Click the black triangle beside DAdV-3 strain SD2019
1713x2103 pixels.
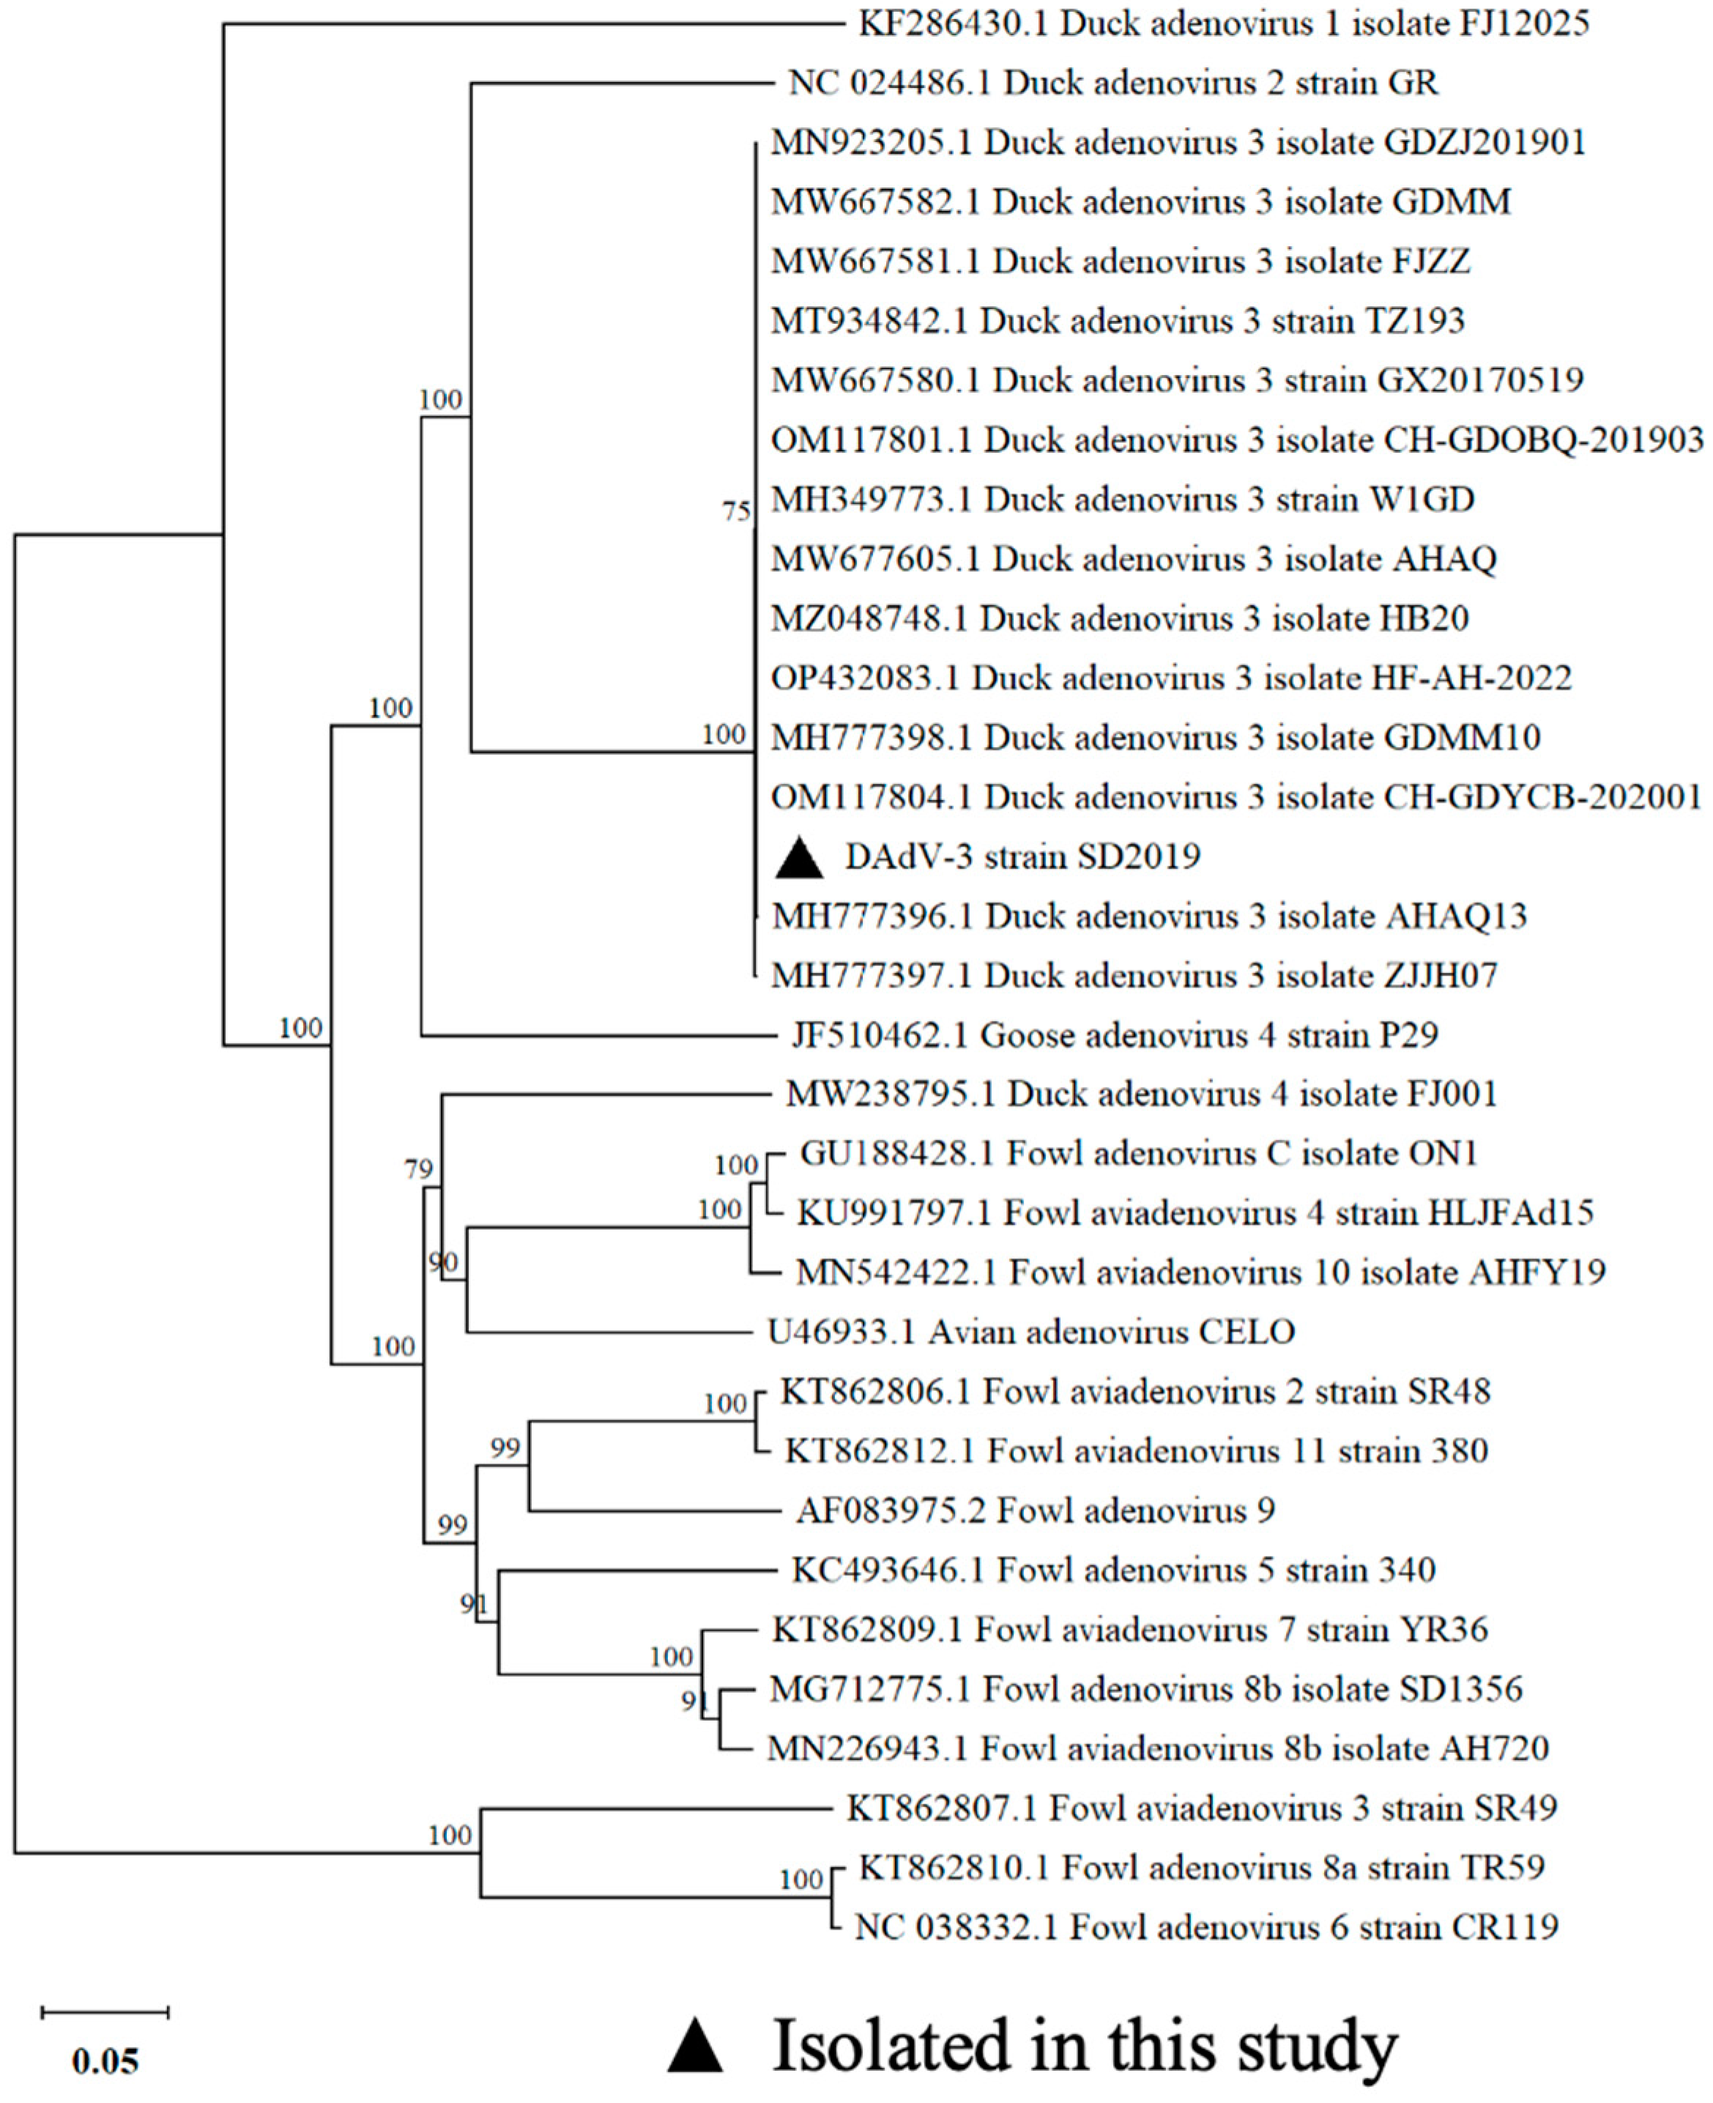798,858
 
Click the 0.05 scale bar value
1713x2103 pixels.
105,2061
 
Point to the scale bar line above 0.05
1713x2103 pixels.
105,2012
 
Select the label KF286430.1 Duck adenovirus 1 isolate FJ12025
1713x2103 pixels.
1224,23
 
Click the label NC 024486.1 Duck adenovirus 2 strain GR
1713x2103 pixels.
1113,83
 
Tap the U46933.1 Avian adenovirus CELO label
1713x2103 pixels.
1031,1332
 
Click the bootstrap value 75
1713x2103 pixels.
736,511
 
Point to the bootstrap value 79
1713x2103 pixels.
418,1169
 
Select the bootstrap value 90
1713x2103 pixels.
443,1261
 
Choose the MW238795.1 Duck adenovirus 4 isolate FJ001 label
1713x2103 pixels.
1142,1094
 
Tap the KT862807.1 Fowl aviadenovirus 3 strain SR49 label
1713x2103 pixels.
1202,1808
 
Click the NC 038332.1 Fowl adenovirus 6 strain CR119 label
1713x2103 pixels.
1205,1926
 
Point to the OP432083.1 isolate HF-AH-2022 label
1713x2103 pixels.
1171,678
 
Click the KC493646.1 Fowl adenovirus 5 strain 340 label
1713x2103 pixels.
1113,1570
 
